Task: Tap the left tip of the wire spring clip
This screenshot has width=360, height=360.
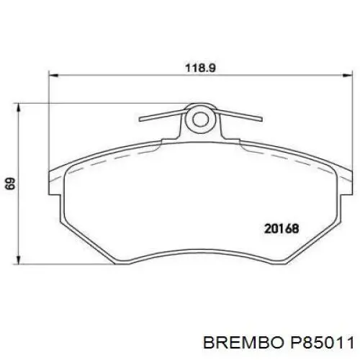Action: (140, 120)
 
